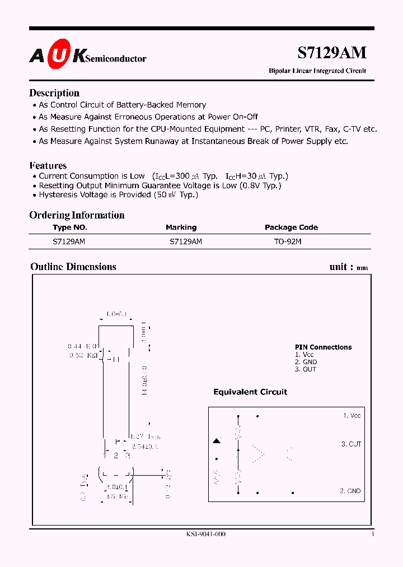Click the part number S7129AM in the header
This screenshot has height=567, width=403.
point(331,53)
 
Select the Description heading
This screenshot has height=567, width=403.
point(54,93)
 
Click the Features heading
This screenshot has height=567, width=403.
point(48,165)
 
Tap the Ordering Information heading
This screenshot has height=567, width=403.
point(77,215)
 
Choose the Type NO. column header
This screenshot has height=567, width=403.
point(70,227)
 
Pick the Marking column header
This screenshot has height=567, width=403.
point(181,227)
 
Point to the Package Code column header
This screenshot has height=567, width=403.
point(291,227)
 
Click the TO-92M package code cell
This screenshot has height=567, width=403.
point(288,241)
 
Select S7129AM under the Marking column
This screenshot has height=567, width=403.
point(185,241)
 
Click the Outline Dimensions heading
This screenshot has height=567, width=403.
point(73,267)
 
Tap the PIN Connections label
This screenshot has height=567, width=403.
point(323,347)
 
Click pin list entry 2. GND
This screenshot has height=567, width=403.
point(306,362)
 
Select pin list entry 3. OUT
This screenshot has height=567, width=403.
point(305,369)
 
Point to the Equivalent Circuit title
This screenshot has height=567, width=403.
point(250,392)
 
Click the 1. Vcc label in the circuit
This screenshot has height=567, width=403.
point(352,416)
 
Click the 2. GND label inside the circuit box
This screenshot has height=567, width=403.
point(350,491)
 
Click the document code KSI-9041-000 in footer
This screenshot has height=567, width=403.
point(206,534)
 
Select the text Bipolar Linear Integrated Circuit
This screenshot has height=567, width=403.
point(317,71)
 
